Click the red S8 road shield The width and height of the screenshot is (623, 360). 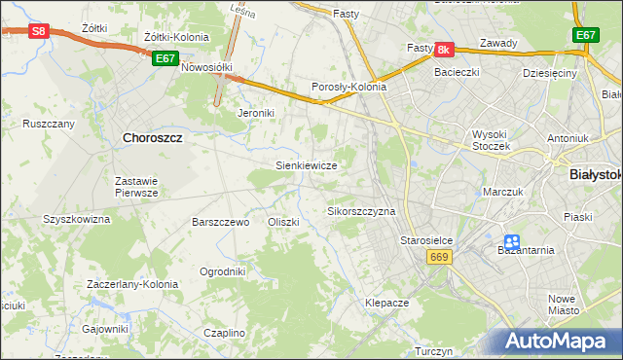38,31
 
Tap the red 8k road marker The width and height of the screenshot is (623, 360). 444,49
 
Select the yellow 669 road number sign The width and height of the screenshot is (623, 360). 437,255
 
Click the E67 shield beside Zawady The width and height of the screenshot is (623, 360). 584,35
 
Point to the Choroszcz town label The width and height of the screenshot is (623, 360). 154,138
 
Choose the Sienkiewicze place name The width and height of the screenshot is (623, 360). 307,165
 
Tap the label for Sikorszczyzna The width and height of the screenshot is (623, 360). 361,210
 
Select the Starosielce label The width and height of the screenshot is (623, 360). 422,238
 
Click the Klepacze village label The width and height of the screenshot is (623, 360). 386,303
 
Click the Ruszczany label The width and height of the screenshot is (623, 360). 49,124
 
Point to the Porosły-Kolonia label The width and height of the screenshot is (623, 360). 348,87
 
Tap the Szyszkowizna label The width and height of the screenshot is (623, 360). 76,219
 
